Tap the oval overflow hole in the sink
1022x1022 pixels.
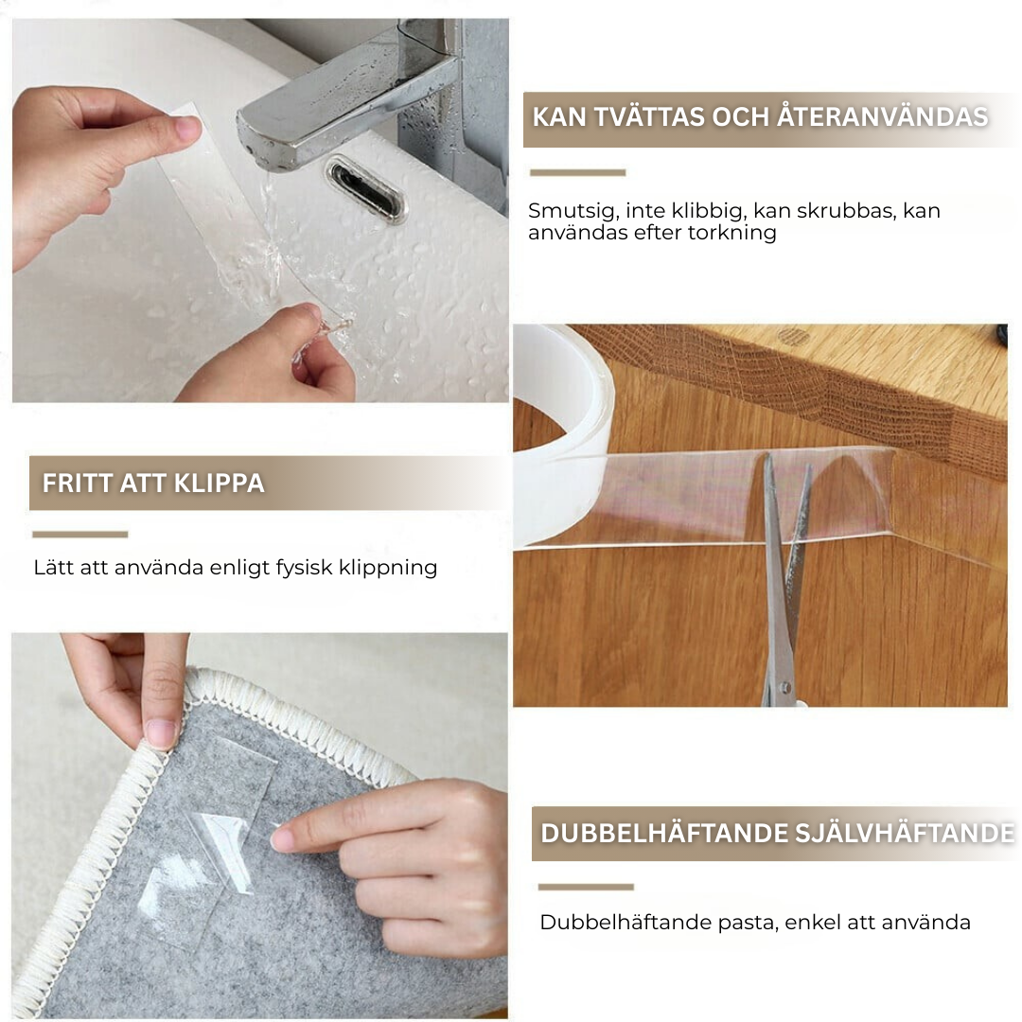pos(365,189)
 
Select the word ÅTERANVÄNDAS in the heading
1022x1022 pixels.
pos(882,117)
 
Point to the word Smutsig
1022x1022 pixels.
pos(573,211)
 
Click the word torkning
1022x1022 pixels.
pos(737,233)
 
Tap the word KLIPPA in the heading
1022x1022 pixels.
pos(220,483)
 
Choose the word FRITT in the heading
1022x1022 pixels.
pos(66,483)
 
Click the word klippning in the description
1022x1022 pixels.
pos(388,568)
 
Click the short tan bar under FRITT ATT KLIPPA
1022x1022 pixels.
pos(80,535)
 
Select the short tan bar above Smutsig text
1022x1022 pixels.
pos(577,173)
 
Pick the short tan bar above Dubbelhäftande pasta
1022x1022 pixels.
pos(586,887)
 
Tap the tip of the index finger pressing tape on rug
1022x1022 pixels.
pos(277,839)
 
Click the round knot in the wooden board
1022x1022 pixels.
pos(794,336)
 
